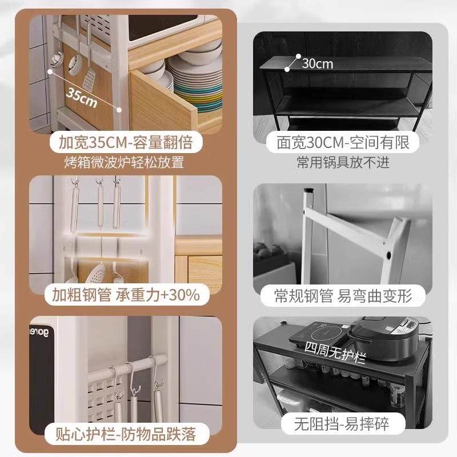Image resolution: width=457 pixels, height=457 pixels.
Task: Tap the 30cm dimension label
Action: point(317,63)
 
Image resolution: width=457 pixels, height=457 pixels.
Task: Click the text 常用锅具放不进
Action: point(343,162)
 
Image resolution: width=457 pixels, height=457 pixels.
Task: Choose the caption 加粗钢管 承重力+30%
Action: point(124,295)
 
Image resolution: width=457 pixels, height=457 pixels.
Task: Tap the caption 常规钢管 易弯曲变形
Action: point(344,295)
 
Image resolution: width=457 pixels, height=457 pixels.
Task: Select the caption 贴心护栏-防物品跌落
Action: point(124,434)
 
